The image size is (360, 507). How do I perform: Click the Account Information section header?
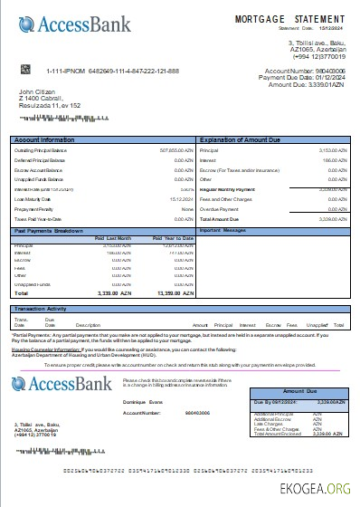coord(44,139)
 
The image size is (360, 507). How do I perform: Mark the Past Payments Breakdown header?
coord(50,230)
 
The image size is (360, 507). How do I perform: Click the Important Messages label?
coord(223,230)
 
